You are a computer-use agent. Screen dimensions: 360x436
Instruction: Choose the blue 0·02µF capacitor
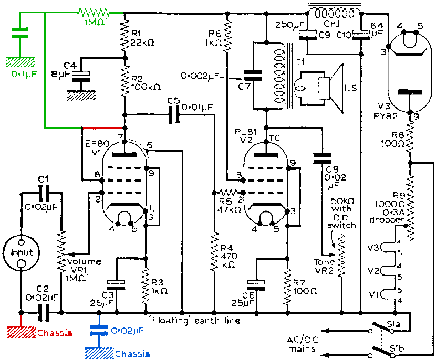pos(99,330)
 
